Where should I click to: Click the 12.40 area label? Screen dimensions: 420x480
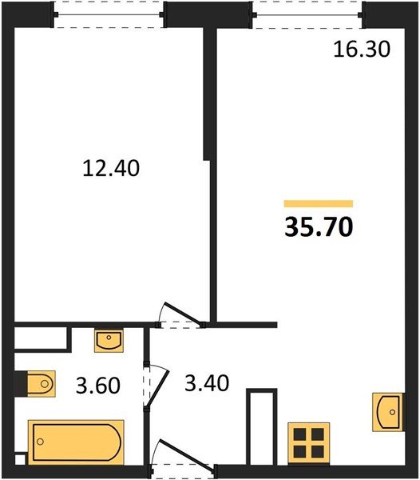click(111, 168)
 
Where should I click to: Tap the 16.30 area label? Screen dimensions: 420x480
click(362, 49)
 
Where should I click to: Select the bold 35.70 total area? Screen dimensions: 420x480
click(319, 227)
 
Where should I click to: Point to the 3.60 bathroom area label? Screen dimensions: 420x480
click(98, 386)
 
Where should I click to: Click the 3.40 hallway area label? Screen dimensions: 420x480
click(207, 383)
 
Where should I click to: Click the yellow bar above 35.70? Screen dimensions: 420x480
click(319, 203)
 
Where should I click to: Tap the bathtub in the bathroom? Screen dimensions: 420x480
click(76, 442)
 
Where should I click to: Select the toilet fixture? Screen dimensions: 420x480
click(42, 383)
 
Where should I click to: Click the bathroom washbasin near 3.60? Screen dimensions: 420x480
click(109, 341)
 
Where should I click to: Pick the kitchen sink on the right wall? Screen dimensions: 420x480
click(387, 412)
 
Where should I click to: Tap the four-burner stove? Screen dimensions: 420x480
click(308, 443)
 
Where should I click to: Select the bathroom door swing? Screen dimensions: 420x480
click(156, 386)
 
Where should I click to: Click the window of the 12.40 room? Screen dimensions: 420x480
click(109, 14)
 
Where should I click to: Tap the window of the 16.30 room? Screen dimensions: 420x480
click(307, 14)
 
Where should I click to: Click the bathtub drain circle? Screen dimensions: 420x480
click(40, 442)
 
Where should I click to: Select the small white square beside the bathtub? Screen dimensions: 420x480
click(20, 460)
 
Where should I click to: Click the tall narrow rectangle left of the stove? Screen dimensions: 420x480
click(261, 427)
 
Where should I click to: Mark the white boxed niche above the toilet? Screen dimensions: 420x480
click(41, 338)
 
